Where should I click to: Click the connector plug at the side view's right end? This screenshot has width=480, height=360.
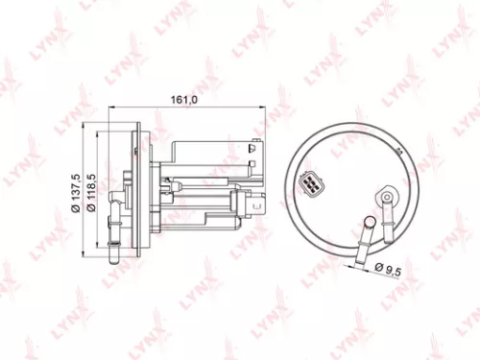[256, 204]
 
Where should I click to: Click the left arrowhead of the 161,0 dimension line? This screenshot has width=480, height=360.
[108, 108]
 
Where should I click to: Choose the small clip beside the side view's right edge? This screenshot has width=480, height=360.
[254, 148]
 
